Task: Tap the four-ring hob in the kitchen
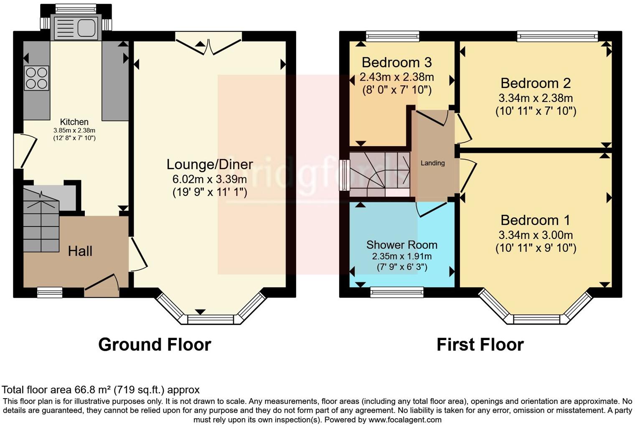[x=36, y=78]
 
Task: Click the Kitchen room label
[x=74, y=122]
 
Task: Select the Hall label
[x=80, y=251]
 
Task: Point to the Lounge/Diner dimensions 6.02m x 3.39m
[x=209, y=179]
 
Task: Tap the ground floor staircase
[x=41, y=221]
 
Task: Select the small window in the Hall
[x=50, y=292]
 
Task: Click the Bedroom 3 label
[x=396, y=63]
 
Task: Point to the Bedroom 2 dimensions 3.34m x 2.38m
[x=536, y=98]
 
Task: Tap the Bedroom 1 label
[x=535, y=220]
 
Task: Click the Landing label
[x=432, y=163]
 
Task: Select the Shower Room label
[x=401, y=245]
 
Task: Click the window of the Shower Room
[x=397, y=292]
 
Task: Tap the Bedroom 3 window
[x=393, y=36]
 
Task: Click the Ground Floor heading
[x=155, y=345]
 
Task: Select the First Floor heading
[x=480, y=345]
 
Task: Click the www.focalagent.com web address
[x=405, y=419]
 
